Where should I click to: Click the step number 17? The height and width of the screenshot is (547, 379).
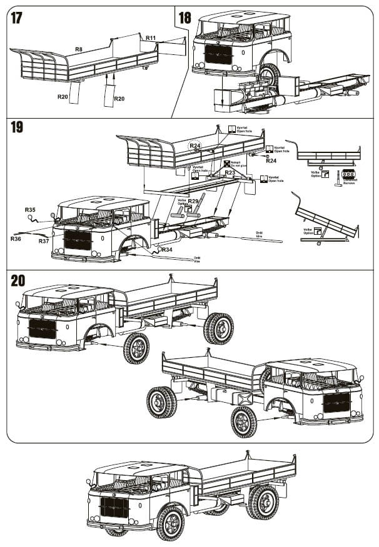point(16,17)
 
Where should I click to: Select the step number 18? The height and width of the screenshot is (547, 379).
point(184,17)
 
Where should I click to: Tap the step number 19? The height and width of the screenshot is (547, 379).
point(17,127)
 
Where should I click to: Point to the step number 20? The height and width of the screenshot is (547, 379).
point(18,280)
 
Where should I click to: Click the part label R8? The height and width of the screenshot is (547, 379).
point(79,49)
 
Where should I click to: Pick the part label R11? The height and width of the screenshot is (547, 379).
point(151,38)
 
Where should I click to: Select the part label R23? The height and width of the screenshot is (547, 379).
point(230,172)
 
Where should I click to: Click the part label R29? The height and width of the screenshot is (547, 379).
point(194,200)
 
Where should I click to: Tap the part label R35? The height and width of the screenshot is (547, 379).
point(30,210)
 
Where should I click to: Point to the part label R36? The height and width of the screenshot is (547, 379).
point(16,238)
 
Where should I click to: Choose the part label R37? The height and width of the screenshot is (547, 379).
point(44,240)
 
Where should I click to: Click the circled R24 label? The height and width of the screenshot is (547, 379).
point(196,145)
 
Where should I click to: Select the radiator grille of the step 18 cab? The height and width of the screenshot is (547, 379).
point(218,54)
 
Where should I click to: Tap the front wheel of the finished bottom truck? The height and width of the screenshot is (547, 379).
point(170,522)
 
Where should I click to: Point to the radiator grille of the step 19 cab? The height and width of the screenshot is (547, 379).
point(78,239)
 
